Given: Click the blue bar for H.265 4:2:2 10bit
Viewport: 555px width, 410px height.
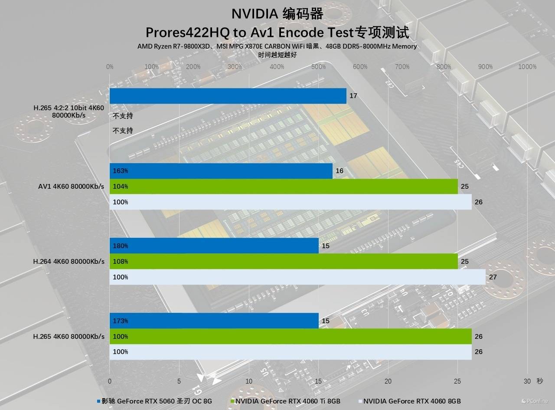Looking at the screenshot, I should coord(228,96).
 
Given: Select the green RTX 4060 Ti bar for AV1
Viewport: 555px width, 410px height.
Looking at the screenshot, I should coord(284,187).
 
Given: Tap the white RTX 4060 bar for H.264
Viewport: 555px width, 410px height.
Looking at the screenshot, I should coord(297,277).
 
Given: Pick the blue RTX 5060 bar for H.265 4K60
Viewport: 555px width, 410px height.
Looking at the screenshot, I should coord(214,321).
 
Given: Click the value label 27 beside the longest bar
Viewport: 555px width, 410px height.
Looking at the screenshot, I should coord(493,277).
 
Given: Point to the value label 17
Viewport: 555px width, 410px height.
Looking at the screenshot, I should coord(353,95).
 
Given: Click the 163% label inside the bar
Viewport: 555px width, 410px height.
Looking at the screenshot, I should coord(120,171).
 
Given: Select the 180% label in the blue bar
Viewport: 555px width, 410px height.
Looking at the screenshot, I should coord(120,246).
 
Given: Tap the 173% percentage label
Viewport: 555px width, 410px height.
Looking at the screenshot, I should coord(120,321).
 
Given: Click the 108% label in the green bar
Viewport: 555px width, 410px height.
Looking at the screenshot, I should coord(120,262).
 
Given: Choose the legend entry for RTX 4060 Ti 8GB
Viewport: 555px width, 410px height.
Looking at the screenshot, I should coord(288,401).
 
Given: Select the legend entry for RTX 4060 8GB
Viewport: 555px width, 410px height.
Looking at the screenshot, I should coord(412,401).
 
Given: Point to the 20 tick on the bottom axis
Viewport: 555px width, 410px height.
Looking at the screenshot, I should coord(388,381).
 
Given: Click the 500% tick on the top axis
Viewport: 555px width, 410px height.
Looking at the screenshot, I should coord(318,67).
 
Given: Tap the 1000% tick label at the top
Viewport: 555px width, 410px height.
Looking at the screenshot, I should coord(527,67).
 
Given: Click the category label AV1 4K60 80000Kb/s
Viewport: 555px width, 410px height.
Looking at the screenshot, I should coord(72,187).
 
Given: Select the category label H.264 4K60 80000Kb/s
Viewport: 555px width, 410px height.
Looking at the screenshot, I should coord(69,262).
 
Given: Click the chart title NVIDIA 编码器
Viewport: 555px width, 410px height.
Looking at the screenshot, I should coord(277,14).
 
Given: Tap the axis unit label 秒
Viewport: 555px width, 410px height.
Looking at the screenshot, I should coord(539,381).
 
